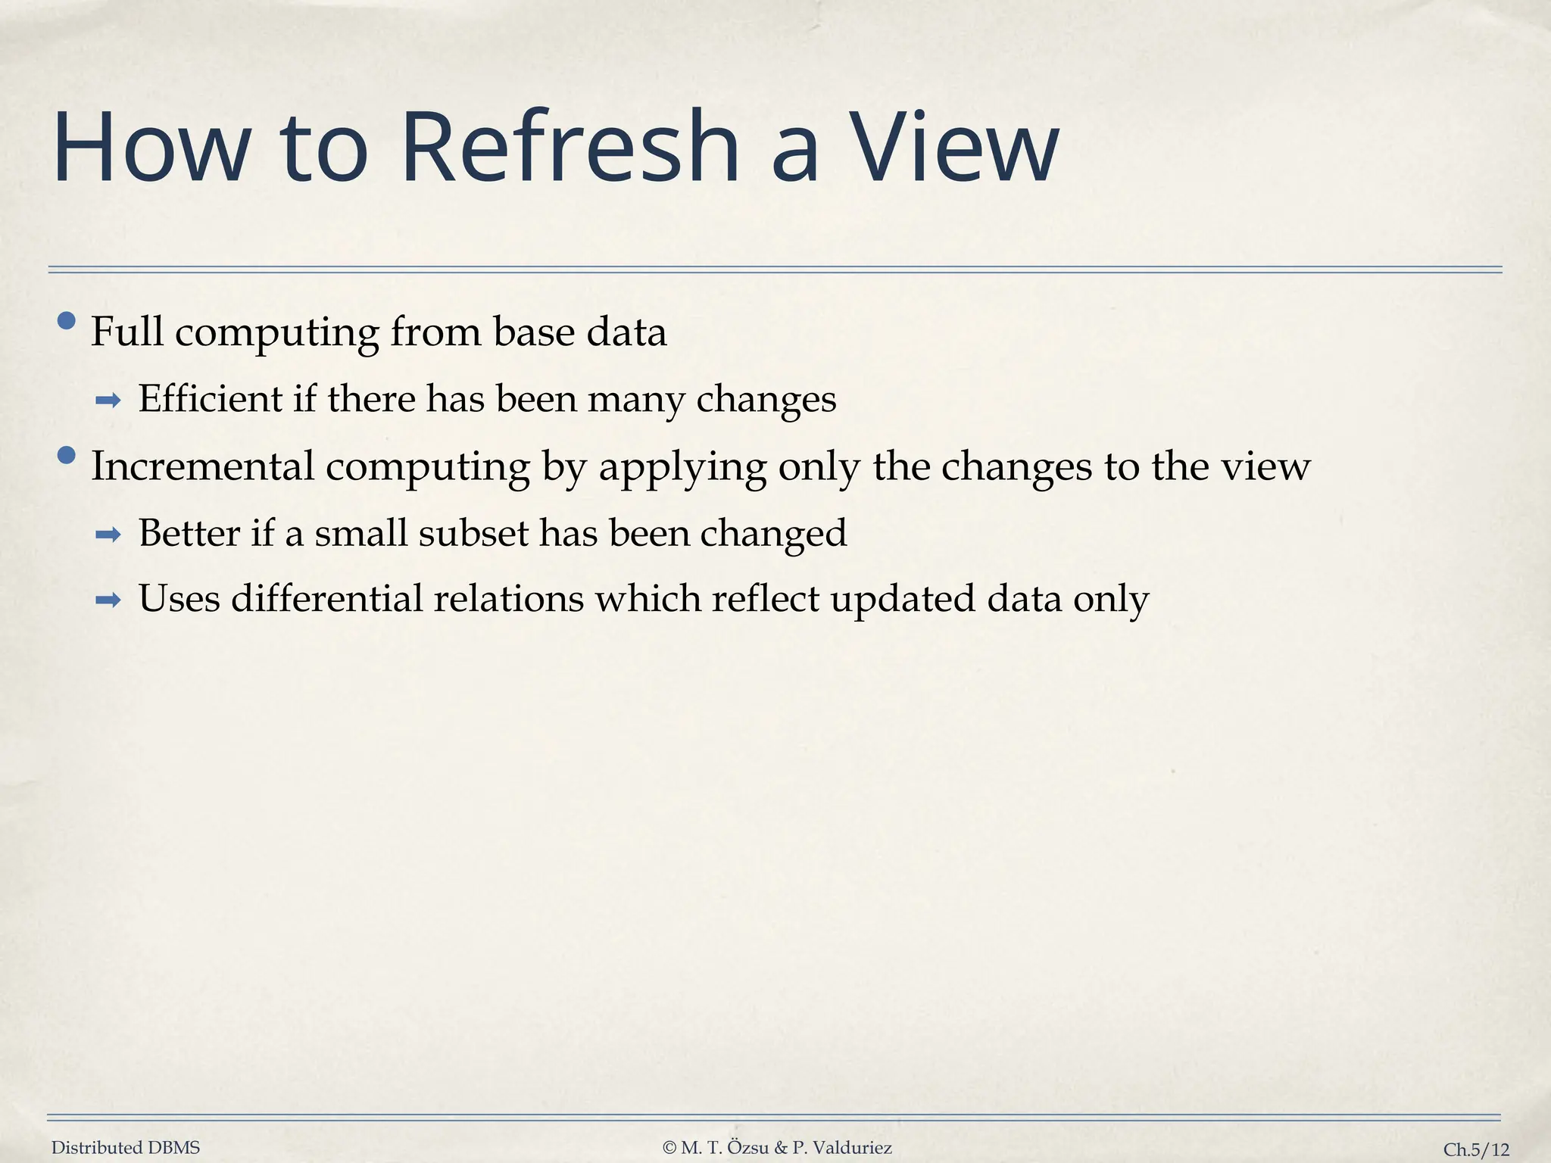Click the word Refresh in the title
pos(570,148)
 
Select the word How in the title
pos(151,148)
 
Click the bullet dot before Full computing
pos(67,321)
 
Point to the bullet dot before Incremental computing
pos(67,455)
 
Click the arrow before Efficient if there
pos(108,401)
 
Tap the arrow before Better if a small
pos(108,535)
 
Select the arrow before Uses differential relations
pos(108,601)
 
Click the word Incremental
pos(202,466)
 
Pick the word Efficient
pos(210,398)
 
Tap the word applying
pos(682,467)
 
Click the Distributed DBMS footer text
pos(126,1148)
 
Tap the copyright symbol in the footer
pos(669,1148)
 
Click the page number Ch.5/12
pos(1476,1149)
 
